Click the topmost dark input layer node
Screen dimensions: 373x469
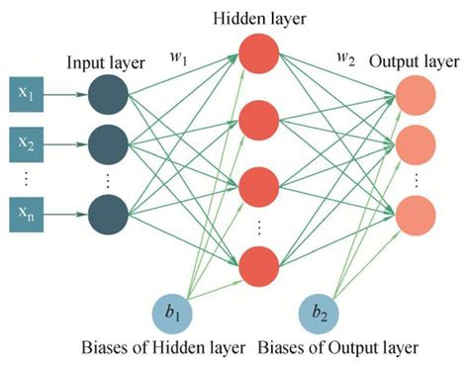[106, 97]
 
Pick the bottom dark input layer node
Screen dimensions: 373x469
[106, 211]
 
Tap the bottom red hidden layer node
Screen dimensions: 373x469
[259, 263]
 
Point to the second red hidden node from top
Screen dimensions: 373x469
[259, 121]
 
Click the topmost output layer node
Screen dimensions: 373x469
[414, 97]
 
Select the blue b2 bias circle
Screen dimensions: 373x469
[320, 316]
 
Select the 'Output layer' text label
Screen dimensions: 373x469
[413, 62]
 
